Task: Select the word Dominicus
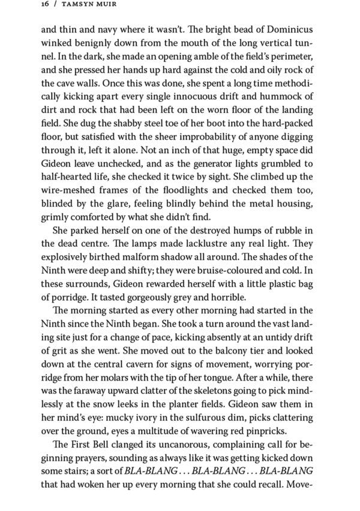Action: tap(287, 30)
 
